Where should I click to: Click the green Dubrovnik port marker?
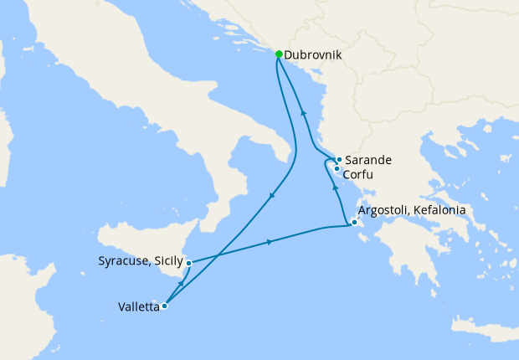(x=279, y=54)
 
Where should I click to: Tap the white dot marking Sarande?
(x=338, y=159)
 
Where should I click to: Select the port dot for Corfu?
(x=337, y=168)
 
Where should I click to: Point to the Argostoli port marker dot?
(x=355, y=223)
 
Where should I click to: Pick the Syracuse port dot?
(x=188, y=263)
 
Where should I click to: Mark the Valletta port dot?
(x=164, y=306)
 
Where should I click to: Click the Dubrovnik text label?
(x=314, y=56)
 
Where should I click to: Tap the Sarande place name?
(x=368, y=160)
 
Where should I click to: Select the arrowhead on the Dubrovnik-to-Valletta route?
(x=273, y=196)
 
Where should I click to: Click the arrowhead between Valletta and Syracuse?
(x=181, y=285)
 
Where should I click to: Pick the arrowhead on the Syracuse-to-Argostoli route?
(x=269, y=242)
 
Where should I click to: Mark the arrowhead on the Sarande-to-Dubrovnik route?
(x=303, y=112)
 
